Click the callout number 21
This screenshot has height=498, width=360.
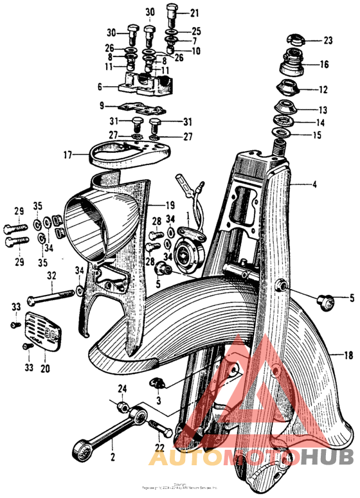coord(194,12)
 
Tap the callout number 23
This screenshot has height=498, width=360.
coord(328,40)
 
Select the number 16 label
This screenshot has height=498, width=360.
coord(324,64)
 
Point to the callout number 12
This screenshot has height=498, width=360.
coord(323,89)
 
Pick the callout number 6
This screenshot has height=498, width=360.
coord(100,87)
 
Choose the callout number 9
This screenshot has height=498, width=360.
coord(102,105)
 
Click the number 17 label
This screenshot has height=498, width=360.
coord(67,154)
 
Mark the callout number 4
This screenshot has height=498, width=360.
coord(314,185)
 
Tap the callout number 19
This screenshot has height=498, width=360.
coord(170,205)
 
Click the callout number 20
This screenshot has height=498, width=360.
coord(44,369)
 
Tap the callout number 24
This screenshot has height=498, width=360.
coord(122,388)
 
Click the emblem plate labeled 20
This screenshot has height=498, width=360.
coord(43,330)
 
